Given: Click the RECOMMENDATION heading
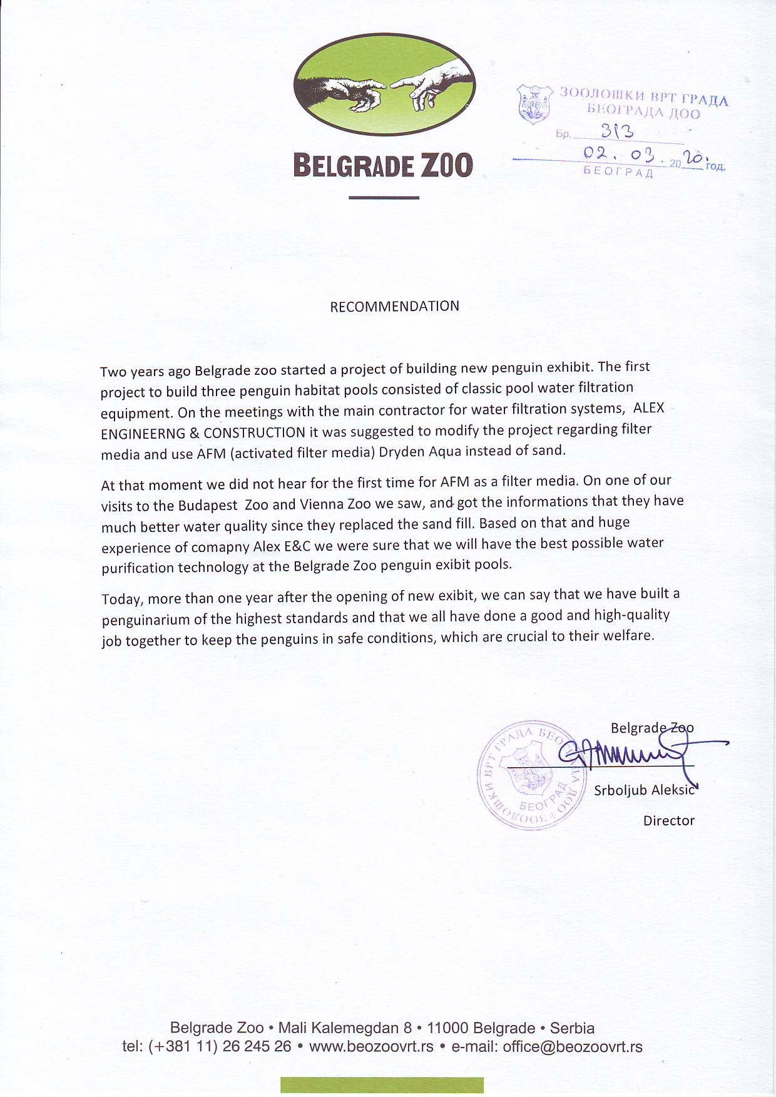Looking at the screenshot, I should click(394, 306).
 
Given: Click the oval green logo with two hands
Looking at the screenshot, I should click(384, 84).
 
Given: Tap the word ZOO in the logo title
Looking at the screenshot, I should click(446, 166).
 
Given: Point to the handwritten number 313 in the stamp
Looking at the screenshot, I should click(616, 131).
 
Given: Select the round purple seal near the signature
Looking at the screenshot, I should click(531, 775).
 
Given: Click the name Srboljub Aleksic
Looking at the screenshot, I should click(644, 790).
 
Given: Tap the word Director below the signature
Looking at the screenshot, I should click(668, 820).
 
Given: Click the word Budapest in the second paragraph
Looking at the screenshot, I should click(208, 506).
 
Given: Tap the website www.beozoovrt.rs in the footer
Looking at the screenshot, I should click(371, 1047).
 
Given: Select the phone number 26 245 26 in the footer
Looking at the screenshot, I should click(257, 1047).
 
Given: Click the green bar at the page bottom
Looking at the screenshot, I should click(382, 1084).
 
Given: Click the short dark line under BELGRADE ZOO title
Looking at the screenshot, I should click(383, 198).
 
